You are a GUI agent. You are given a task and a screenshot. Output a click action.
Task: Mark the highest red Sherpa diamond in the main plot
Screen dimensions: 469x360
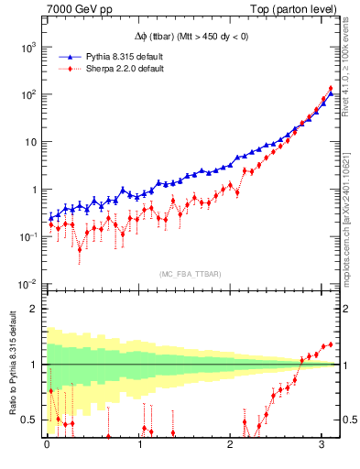331,89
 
